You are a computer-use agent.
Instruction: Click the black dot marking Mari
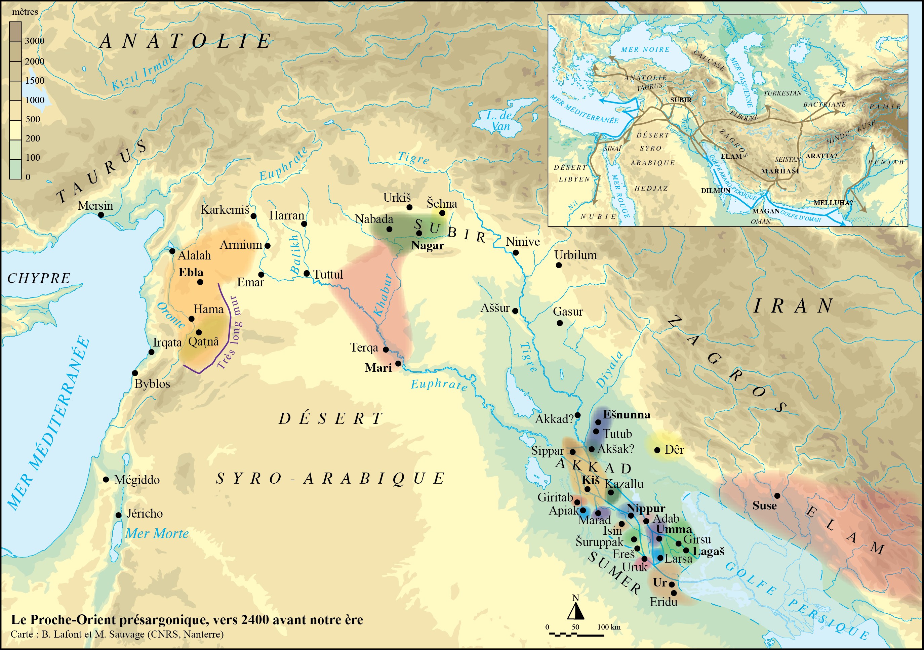pos(398,363)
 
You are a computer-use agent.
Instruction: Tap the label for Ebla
pos(191,273)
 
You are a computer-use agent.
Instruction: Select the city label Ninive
pos(522,242)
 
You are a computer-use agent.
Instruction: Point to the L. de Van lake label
pos(499,121)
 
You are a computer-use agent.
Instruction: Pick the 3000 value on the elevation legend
pos(35,41)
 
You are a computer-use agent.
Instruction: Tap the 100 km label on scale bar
pos(608,627)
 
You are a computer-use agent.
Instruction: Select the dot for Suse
pos(777,495)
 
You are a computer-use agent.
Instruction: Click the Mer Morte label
pos(157,534)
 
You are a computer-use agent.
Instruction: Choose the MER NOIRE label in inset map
pos(645,49)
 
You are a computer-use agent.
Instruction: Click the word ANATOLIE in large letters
pos(186,41)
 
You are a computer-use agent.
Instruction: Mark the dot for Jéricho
pos(118,515)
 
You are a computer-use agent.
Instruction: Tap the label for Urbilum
pos(575,255)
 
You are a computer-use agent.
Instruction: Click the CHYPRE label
pos(39,278)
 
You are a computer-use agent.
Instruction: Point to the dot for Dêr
pos(657,450)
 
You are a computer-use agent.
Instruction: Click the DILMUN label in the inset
pos(715,190)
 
